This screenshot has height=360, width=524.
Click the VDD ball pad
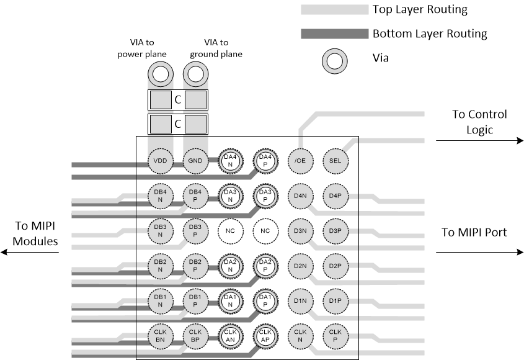(x=160, y=161)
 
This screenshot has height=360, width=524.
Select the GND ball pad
(x=195, y=161)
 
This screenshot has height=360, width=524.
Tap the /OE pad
(x=301, y=161)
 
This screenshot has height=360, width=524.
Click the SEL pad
(x=335, y=161)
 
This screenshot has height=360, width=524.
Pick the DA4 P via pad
(x=265, y=161)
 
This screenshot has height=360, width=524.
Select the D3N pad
(x=301, y=232)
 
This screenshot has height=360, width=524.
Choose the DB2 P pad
(x=195, y=266)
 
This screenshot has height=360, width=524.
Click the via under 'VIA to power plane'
(x=160, y=76)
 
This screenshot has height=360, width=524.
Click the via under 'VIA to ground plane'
(x=195, y=76)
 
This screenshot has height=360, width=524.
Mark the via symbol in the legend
(x=334, y=61)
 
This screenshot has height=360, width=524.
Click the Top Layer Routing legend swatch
(x=334, y=10)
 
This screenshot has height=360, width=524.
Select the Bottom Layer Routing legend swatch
(x=334, y=34)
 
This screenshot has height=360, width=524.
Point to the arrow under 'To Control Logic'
(x=480, y=141)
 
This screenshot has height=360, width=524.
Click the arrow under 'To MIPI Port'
(x=480, y=253)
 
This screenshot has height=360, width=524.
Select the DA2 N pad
(x=230, y=266)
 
